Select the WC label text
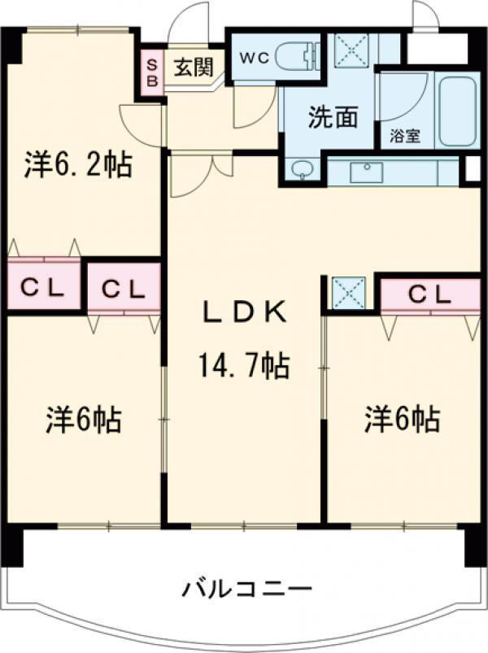pyautogui.click(x=251, y=58)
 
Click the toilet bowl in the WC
pyautogui.click(x=295, y=57)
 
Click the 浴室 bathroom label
pyautogui.click(x=406, y=137)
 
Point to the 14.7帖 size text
pyautogui.click(x=244, y=368)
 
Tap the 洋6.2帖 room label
pyautogui.click(x=78, y=165)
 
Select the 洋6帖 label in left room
pyautogui.click(x=83, y=420)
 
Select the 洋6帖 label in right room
pyautogui.click(x=402, y=420)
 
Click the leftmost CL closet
pyautogui.click(x=44, y=286)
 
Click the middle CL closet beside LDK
pyautogui.click(x=124, y=288)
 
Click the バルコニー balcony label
pyautogui.click(x=246, y=587)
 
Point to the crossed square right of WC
pyautogui.click(x=353, y=50)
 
